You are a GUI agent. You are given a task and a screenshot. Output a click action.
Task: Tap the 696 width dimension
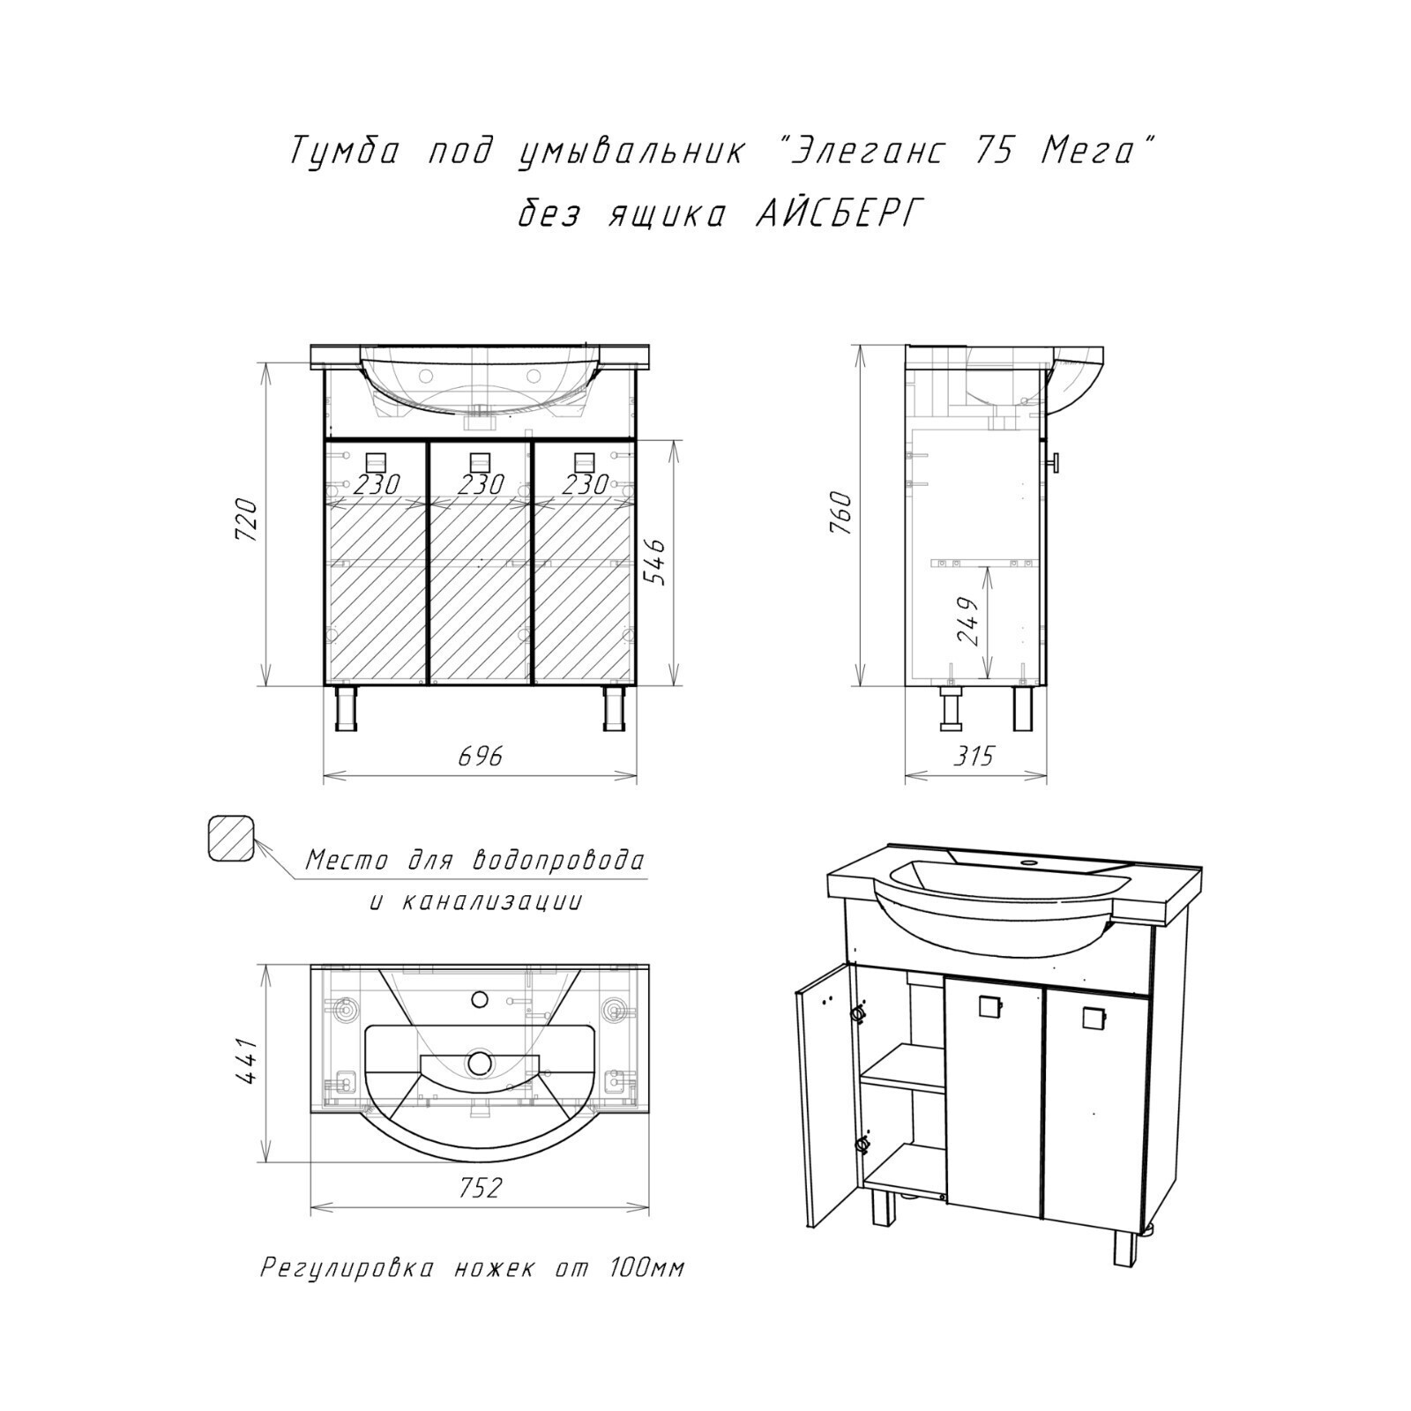tap(481, 756)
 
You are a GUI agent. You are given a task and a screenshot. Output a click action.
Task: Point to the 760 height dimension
tap(841, 513)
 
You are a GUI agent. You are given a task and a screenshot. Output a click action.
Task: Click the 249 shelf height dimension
tap(967, 622)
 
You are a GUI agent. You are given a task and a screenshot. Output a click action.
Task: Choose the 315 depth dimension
tap(973, 756)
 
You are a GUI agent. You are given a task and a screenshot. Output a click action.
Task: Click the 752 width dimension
tap(480, 1188)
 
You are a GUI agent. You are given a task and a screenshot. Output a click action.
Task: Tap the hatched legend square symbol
tap(231, 838)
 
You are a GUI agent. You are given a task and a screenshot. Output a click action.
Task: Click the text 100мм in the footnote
tap(646, 1268)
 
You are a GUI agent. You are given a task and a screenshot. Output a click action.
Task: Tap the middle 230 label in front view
tap(481, 484)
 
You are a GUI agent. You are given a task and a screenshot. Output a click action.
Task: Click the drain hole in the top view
tap(481, 1063)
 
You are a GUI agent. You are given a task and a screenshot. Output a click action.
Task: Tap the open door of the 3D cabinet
tap(825, 1092)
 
